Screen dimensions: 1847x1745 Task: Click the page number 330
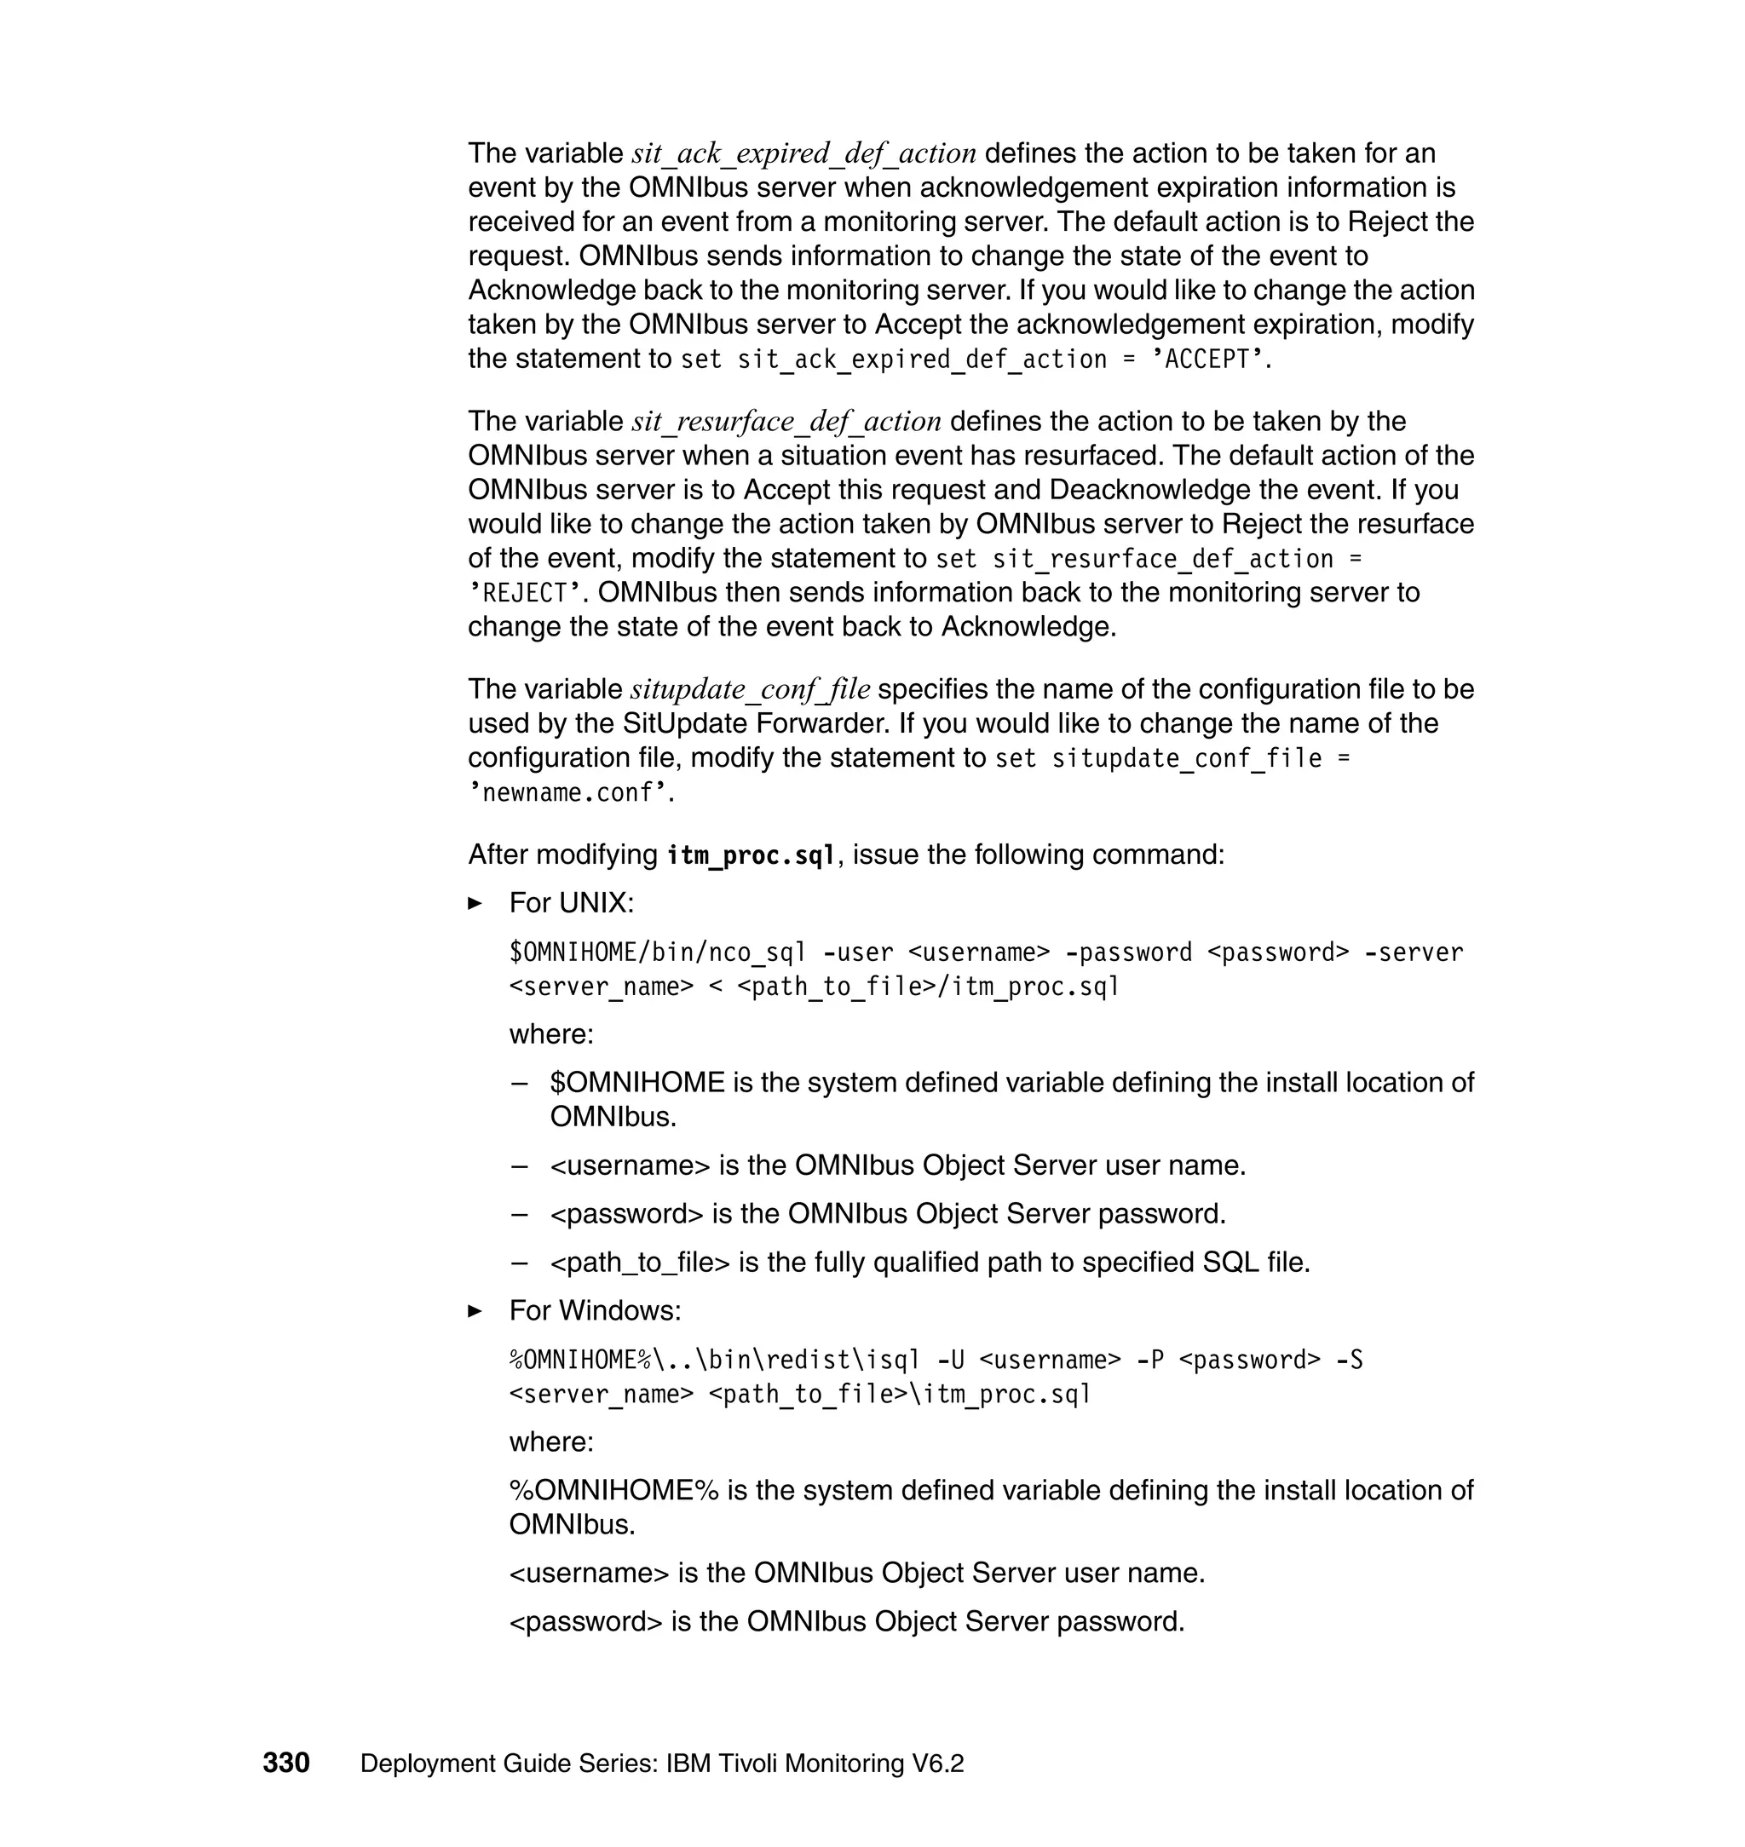pyautogui.click(x=285, y=1763)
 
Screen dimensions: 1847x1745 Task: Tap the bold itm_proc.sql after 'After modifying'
pyautogui.click(x=751, y=854)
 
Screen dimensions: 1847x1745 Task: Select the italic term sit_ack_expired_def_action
pyautogui.click(x=803, y=153)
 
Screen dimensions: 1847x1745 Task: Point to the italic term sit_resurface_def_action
pyautogui.click(x=786, y=422)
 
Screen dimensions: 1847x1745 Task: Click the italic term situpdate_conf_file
pyautogui.click(x=750, y=689)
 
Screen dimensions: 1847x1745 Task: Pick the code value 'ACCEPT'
pyautogui.click(x=1207, y=360)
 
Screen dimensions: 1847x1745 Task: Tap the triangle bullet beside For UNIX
pyautogui.click(x=475, y=903)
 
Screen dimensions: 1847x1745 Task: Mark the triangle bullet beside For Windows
pyautogui.click(x=475, y=1310)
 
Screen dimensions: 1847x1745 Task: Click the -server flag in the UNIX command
pyautogui.click(x=1413, y=952)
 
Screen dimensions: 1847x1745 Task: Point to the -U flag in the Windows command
pyautogui.click(x=951, y=1360)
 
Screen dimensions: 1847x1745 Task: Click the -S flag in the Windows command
pyautogui.click(x=1349, y=1360)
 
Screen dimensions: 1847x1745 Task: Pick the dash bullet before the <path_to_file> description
pyautogui.click(x=520, y=1263)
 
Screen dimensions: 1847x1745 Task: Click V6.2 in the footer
pyautogui.click(x=937, y=1764)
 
